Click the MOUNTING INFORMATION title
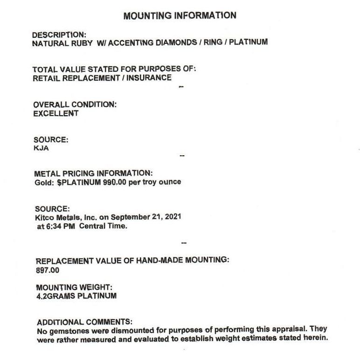pos(180,16)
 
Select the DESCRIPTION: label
pos(59,35)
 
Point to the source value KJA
pos(41,148)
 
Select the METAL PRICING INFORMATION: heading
pos(93,173)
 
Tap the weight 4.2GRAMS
pos(54,296)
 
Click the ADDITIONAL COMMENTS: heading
pos(84,322)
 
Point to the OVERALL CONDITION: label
pos(75,104)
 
